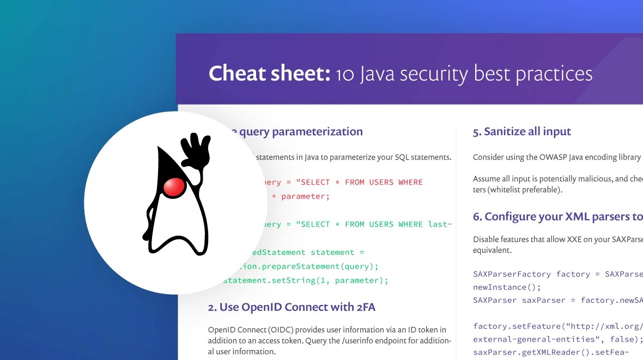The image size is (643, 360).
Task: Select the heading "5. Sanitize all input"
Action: (521, 132)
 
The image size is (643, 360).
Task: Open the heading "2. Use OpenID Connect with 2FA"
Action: (292, 307)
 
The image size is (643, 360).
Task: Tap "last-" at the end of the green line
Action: (440, 224)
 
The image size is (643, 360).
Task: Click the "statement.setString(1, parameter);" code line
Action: (305, 280)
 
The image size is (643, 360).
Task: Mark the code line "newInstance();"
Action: (500, 286)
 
